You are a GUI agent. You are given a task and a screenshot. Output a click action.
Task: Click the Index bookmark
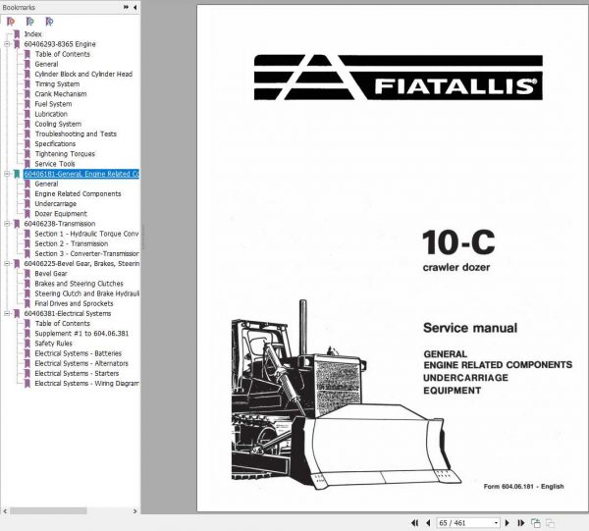[x=33, y=34]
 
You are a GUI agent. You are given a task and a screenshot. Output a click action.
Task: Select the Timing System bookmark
[x=58, y=83]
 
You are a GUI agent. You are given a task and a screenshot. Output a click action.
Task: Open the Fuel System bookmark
[x=53, y=104]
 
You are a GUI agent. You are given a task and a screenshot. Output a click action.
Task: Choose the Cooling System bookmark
[x=58, y=124]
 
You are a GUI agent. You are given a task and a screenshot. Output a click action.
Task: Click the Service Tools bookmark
[x=55, y=164]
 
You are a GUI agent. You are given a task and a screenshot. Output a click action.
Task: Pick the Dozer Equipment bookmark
[x=61, y=214]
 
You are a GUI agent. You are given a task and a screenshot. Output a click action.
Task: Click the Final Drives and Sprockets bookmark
[x=80, y=303]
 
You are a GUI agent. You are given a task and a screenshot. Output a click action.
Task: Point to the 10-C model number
[x=455, y=242]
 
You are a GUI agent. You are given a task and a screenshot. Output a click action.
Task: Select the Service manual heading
[x=469, y=328]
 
